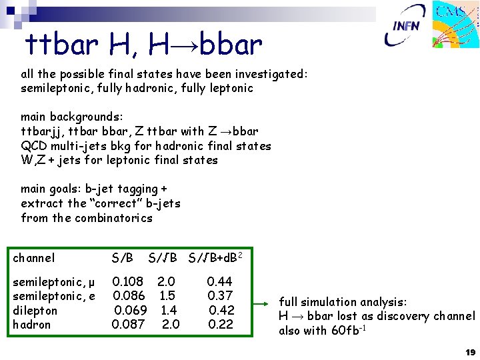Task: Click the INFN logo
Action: (407, 26)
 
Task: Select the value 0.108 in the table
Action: (128, 282)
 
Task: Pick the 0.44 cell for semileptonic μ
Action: (219, 282)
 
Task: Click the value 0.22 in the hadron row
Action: (221, 325)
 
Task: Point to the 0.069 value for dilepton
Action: (131, 311)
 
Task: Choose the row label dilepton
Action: (35, 311)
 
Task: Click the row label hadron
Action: (32, 325)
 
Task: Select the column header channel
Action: (34, 258)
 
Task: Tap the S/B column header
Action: (123, 258)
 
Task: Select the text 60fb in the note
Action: (347, 331)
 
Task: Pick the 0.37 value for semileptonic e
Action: (220, 296)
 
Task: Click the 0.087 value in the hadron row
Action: (129, 325)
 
